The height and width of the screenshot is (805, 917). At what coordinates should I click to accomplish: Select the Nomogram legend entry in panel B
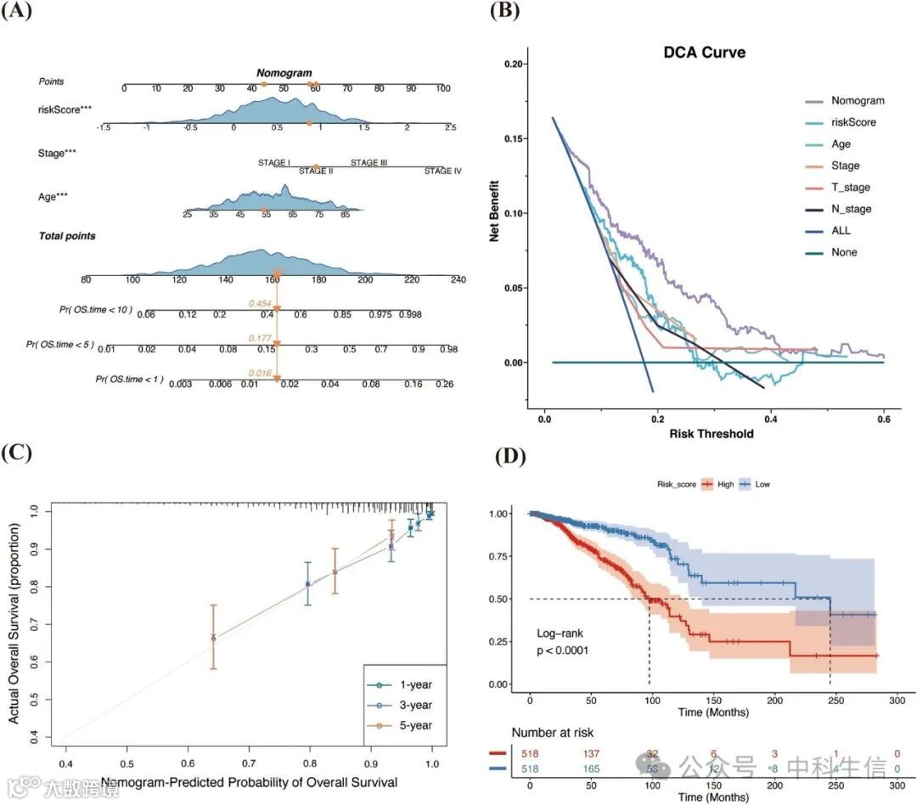tap(858, 100)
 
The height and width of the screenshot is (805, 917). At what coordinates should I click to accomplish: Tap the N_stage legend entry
tap(851, 209)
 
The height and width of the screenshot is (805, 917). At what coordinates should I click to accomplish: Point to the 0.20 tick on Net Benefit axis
tap(515, 64)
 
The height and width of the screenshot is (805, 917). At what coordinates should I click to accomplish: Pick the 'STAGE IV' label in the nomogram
tap(442, 171)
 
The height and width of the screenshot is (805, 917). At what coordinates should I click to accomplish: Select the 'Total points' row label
tap(67, 235)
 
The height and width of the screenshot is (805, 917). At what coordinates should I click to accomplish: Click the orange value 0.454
tap(259, 303)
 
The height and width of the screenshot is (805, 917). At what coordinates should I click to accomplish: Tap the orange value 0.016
tap(259, 371)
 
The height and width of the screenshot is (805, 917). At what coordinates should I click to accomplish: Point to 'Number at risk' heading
tap(553, 731)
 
